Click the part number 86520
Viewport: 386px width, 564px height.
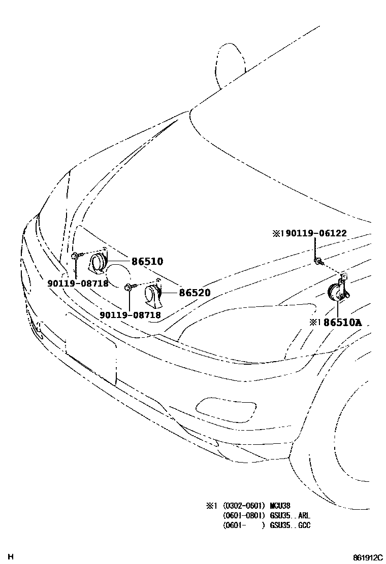click(194, 293)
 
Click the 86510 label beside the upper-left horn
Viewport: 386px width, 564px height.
click(147, 262)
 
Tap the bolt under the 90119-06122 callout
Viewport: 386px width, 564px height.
click(317, 261)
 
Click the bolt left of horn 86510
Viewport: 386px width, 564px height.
click(75, 256)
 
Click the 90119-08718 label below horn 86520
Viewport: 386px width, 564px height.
click(130, 315)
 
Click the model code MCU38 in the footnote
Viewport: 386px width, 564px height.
click(281, 505)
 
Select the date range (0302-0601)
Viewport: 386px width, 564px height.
click(243, 505)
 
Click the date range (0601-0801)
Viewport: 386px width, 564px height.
click(243, 515)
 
